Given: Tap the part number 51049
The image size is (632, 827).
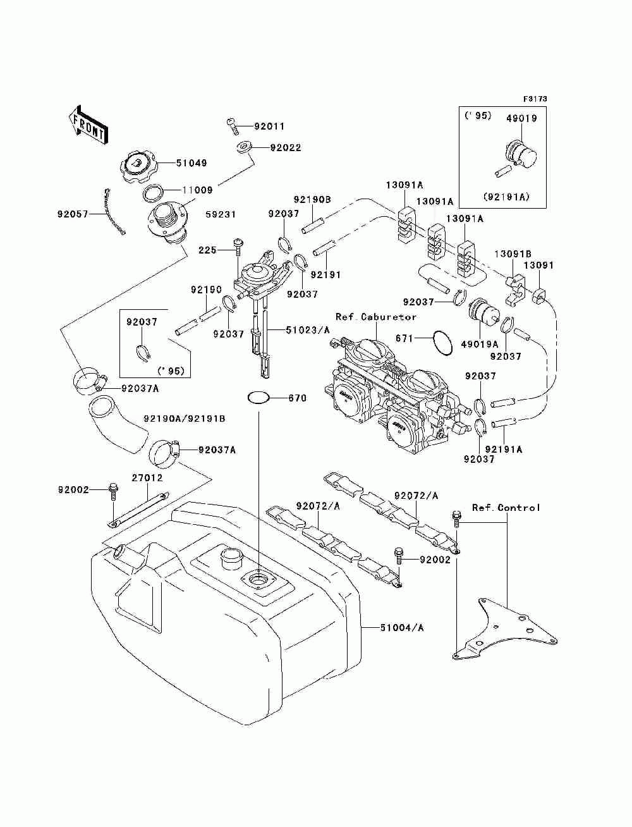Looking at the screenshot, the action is pos(191,163).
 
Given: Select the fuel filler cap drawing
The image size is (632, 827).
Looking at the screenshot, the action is pos(138,166).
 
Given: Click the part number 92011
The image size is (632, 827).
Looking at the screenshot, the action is pos(269,126).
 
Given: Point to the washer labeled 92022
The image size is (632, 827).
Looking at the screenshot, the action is pos(243,147).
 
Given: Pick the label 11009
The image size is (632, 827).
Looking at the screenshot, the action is pos(198,190).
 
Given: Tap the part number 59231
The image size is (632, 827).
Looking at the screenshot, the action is pos(221,214).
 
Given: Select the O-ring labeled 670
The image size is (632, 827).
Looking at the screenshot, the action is pos(258,398).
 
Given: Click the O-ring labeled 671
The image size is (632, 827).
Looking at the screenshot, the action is pos(442,343).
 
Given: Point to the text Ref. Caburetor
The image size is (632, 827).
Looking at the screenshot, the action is pos(376,317).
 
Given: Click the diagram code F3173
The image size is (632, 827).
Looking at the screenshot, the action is pos(535,99).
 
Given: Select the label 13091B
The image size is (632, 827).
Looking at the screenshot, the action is pos(513,254).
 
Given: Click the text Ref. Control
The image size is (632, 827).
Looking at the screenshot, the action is pos(506,508).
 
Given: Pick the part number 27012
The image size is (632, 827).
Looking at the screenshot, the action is pos(147,478).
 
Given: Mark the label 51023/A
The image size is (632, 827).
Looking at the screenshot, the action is pos(308,330).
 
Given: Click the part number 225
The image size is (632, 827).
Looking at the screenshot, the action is pos(207,250).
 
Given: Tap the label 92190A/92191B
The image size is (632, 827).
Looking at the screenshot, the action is pos(185,419).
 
